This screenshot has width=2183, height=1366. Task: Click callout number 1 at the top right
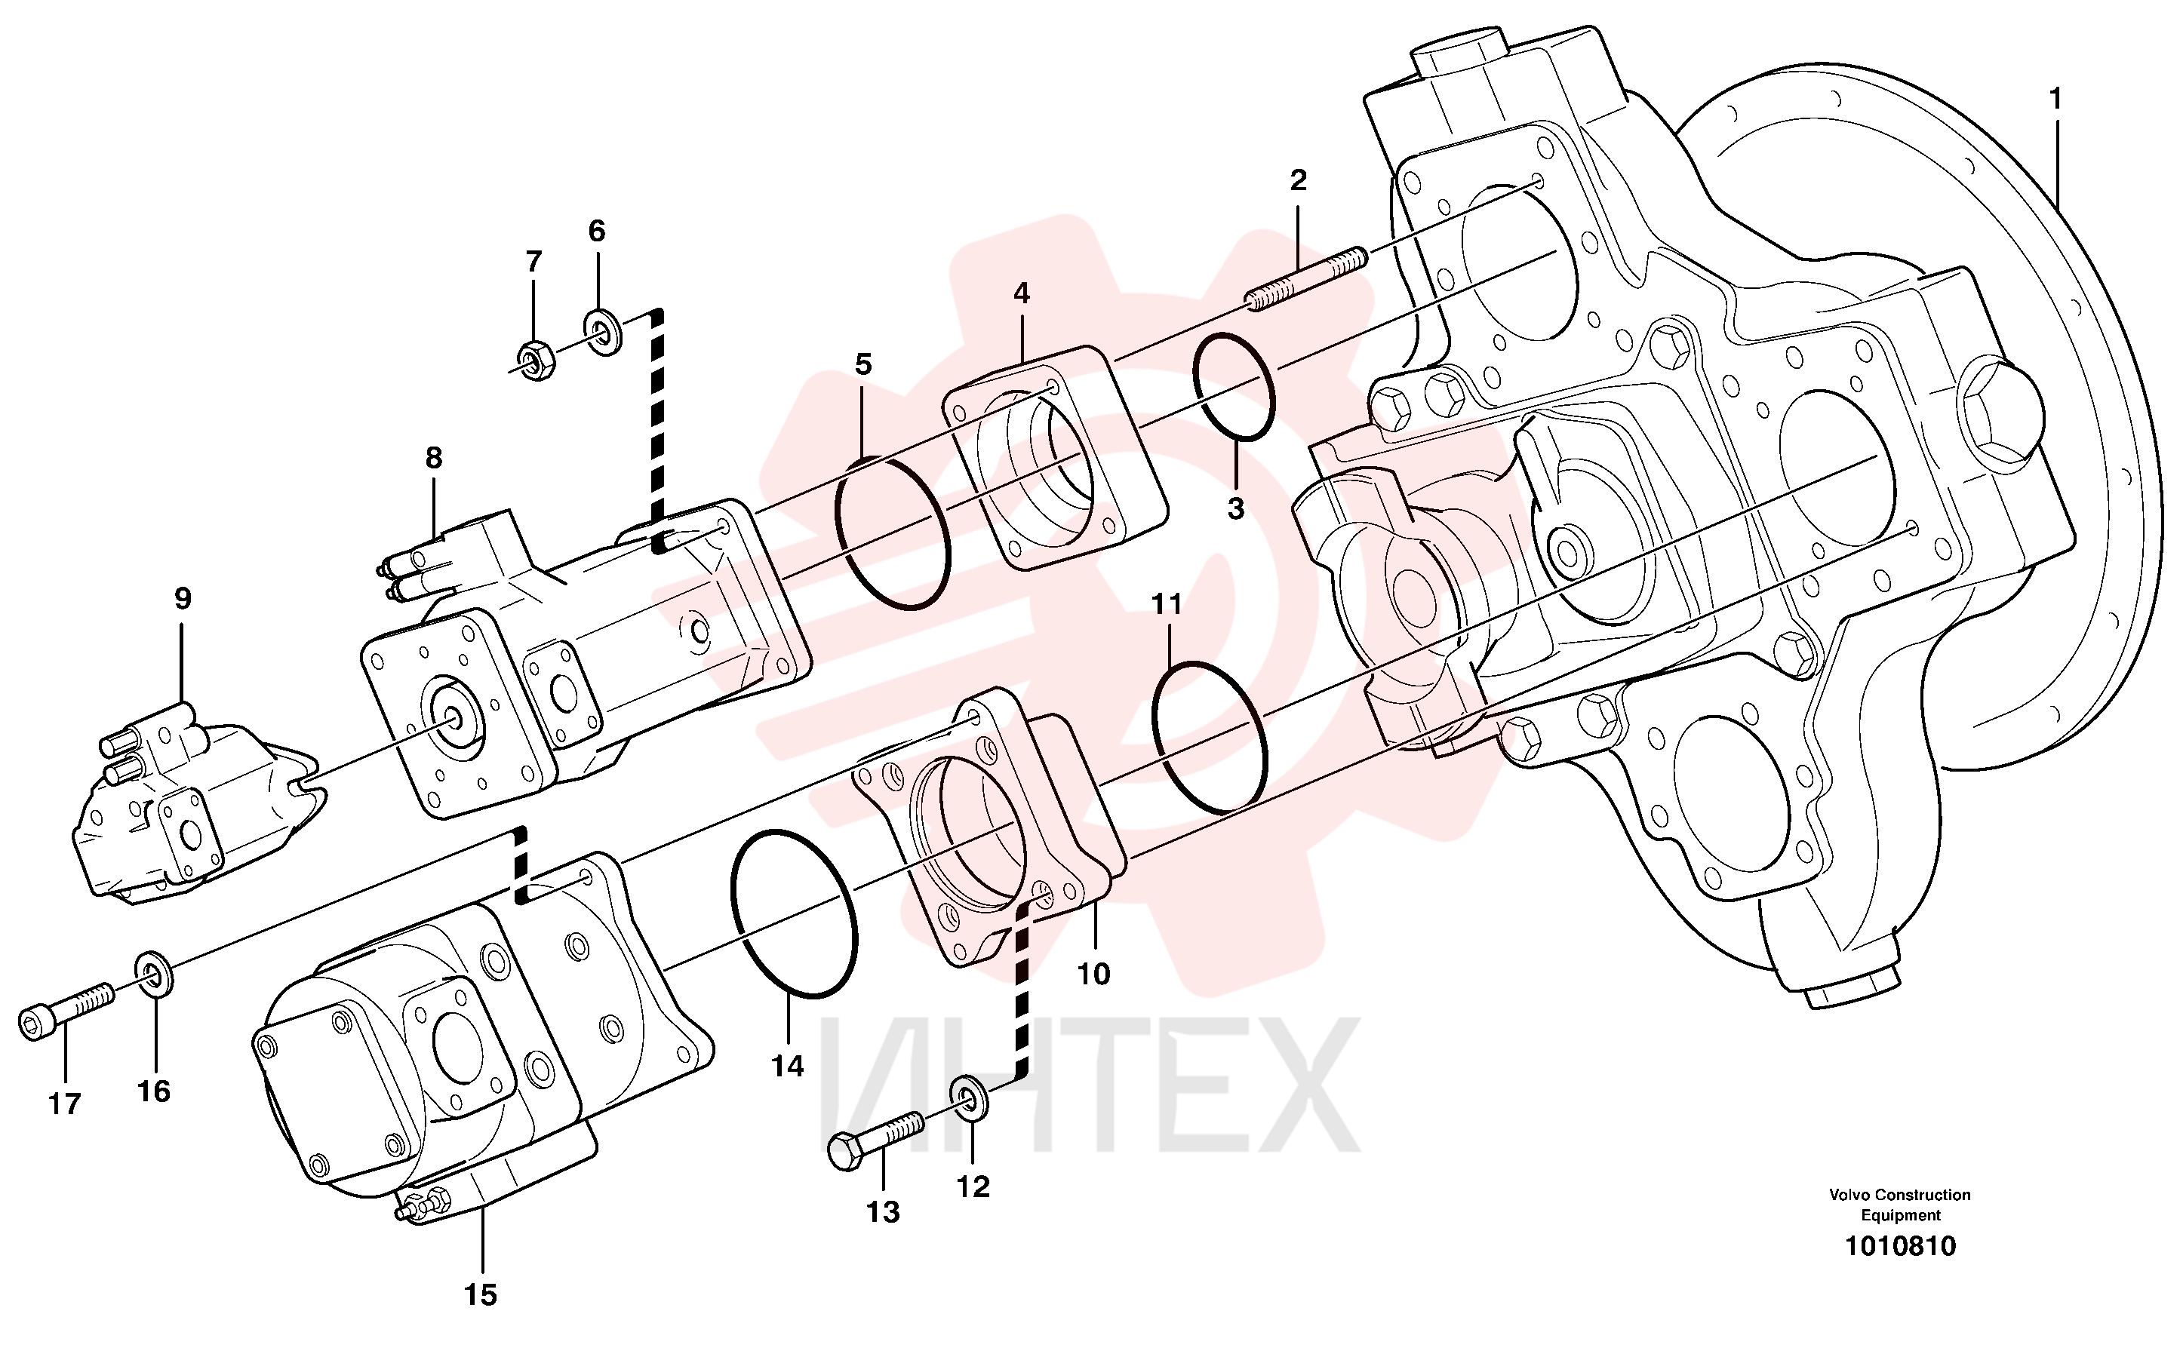pyautogui.click(x=2055, y=100)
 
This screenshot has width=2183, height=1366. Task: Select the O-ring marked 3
pyautogui.click(x=1234, y=387)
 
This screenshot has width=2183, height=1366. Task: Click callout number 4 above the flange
pyautogui.click(x=1021, y=293)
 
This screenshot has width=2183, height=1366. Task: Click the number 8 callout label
pyautogui.click(x=434, y=458)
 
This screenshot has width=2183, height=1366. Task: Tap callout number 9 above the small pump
pyautogui.click(x=183, y=598)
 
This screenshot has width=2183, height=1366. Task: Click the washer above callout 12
pyautogui.click(x=970, y=1097)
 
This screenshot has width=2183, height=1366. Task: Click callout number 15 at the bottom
pyautogui.click(x=481, y=1294)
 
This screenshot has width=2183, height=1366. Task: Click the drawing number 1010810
pyautogui.click(x=1900, y=1246)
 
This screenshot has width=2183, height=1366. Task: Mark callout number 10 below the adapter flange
pyautogui.click(x=1093, y=974)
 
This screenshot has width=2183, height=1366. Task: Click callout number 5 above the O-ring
pyautogui.click(x=864, y=364)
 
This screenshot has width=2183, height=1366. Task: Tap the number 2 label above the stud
pyautogui.click(x=1299, y=181)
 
